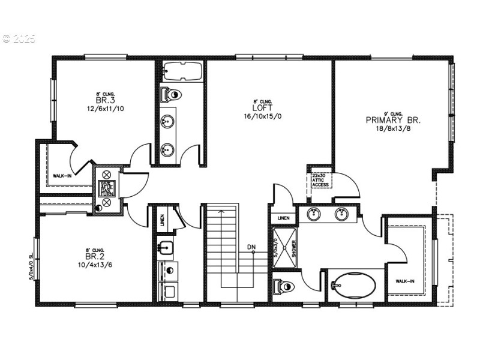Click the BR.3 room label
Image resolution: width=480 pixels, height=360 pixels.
[101, 101]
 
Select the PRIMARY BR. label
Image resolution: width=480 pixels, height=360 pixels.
[393, 120]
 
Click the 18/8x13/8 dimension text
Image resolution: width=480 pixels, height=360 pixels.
[394, 128]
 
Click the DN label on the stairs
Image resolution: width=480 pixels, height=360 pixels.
[251, 247]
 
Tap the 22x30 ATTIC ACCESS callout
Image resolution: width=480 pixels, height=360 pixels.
[320, 181]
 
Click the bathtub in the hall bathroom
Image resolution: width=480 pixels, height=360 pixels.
[181, 71]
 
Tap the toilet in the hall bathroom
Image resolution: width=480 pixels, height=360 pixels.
[172, 94]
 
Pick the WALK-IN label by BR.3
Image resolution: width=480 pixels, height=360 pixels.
[62, 175]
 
